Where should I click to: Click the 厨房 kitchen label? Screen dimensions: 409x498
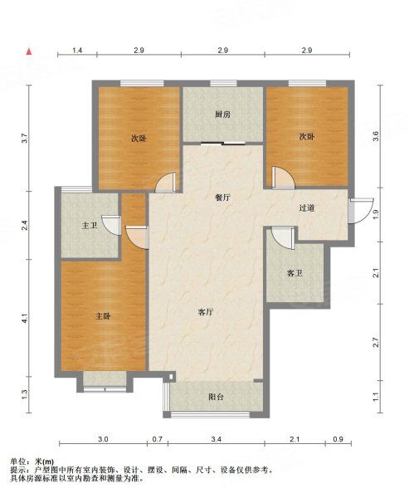(x=222, y=115)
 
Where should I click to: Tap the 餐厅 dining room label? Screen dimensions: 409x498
(x=222, y=198)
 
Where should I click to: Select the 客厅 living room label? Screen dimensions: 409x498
(x=206, y=312)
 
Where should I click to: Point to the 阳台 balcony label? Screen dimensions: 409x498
(x=217, y=397)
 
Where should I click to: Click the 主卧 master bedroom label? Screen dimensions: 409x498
(x=103, y=316)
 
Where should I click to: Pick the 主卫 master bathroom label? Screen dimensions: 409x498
(x=90, y=226)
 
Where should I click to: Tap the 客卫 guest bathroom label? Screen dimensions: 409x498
(x=295, y=273)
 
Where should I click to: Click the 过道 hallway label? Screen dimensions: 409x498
(x=307, y=208)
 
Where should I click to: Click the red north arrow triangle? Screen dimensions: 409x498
(x=29, y=51)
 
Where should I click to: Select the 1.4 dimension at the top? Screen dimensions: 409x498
(x=77, y=50)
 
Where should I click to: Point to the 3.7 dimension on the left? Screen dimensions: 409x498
(x=25, y=139)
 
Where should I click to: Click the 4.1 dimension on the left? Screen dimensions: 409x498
(x=25, y=318)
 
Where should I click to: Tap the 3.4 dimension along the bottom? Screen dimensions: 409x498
(x=217, y=439)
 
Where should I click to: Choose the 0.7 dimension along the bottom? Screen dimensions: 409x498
(x=158, y=439)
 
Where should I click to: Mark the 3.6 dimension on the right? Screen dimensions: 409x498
(x=376, y=137)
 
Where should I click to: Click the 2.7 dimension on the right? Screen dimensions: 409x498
(x=376, y=342)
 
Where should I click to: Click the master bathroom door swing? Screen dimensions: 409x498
(x=112, y=225)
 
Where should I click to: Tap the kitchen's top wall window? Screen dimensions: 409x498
(x=223, y=84)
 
